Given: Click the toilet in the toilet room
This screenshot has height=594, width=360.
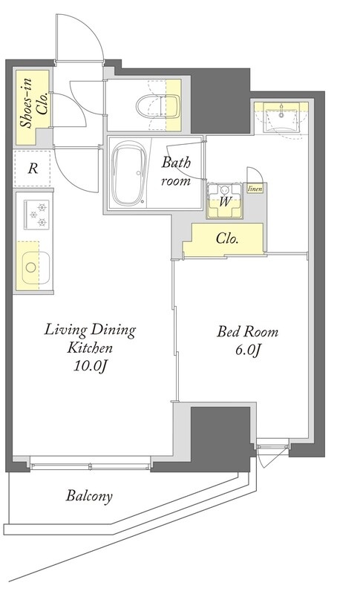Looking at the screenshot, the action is coord(158,106).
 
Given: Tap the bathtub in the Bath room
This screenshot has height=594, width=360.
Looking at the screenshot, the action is coord(128,172).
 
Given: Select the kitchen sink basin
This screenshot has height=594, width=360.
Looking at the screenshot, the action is coord(35,267).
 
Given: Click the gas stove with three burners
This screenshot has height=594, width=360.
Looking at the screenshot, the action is coord(37,215).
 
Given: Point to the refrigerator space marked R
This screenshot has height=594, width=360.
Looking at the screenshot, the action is coord(33,169).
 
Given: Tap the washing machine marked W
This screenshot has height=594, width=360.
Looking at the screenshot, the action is coord(225,200).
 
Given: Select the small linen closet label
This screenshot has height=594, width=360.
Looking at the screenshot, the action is coord(255,189).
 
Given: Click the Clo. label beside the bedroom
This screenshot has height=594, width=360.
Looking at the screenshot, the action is coord(226,238).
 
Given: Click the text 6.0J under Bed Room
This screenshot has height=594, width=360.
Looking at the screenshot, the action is coord(248,350).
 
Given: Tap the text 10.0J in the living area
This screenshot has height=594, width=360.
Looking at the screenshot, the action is coord(89,365).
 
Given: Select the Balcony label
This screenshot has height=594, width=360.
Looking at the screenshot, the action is coord(89,496).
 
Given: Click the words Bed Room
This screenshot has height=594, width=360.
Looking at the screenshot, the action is coord(247,332).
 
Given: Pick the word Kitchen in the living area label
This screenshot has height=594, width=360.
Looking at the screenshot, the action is coord(89,347).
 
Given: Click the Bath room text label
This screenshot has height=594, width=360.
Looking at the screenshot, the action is coord(176,172).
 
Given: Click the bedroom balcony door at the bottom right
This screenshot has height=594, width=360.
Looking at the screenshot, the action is coord(273,452).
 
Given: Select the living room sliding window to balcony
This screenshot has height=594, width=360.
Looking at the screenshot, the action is coord(90,465).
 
